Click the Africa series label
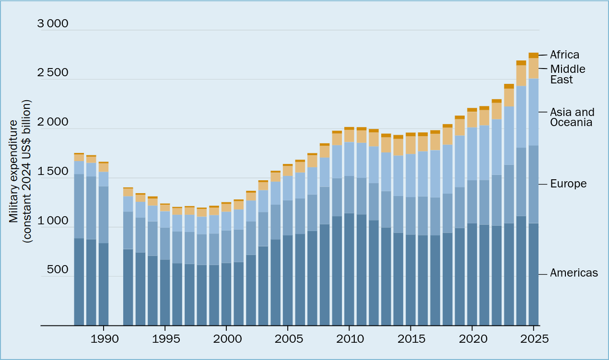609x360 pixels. [x=564, y=55]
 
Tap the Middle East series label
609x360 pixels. [x=567, y=74]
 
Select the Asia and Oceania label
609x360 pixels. [x=572, y=117]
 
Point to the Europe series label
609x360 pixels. [x=568, y=184]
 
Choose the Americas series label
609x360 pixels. [x=574, y=273]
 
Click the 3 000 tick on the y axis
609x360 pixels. [x=53, y=23]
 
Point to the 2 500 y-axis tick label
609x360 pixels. [x=53, y=73]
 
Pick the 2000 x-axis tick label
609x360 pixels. [x=226, y=338]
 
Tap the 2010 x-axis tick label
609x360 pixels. [x=349, y=338]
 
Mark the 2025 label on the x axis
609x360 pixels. [x=533, y=338]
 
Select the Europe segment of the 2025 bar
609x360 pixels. [x=533, y=184]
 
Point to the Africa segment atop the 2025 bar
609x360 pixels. [x=533, y=55]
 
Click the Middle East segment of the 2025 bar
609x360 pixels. [x=533, y=68]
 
